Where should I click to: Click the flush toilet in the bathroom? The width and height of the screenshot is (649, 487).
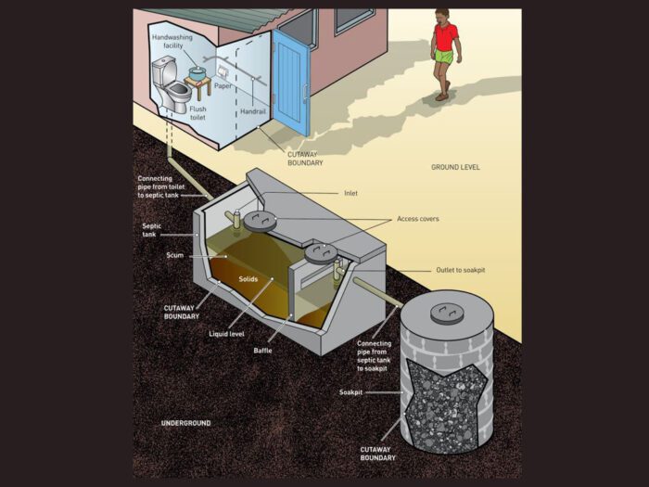point(171,85)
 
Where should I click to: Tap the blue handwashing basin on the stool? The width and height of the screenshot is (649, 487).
point(197,74)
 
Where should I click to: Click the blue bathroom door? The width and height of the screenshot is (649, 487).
point(291,83)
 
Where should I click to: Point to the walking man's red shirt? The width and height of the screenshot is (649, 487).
point(446,37)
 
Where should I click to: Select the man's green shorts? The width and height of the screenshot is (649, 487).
point(444,57)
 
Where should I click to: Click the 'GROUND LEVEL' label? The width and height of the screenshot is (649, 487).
point(455,167)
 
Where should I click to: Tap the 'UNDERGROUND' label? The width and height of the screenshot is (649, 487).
point(185,423)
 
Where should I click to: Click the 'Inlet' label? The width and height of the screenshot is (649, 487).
point(350,193)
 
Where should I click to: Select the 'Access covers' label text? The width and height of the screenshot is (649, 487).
point(417,219)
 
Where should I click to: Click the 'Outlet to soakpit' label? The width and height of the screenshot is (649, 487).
point(460,270)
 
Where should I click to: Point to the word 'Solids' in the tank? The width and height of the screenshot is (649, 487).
point(248,279)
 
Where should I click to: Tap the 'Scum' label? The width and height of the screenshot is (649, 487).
point(174,255)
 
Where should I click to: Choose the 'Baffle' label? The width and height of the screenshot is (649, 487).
point(262,351)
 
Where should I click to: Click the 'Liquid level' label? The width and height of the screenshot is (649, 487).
point(226,334)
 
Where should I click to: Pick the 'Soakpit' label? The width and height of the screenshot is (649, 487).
point(350,392)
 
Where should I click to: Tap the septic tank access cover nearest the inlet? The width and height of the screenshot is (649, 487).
point(260,221)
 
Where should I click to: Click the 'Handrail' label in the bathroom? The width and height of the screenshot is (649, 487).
point(253,111)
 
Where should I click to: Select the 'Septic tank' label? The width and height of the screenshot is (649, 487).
point(151,230)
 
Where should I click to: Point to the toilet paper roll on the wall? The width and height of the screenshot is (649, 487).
point(223,72)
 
